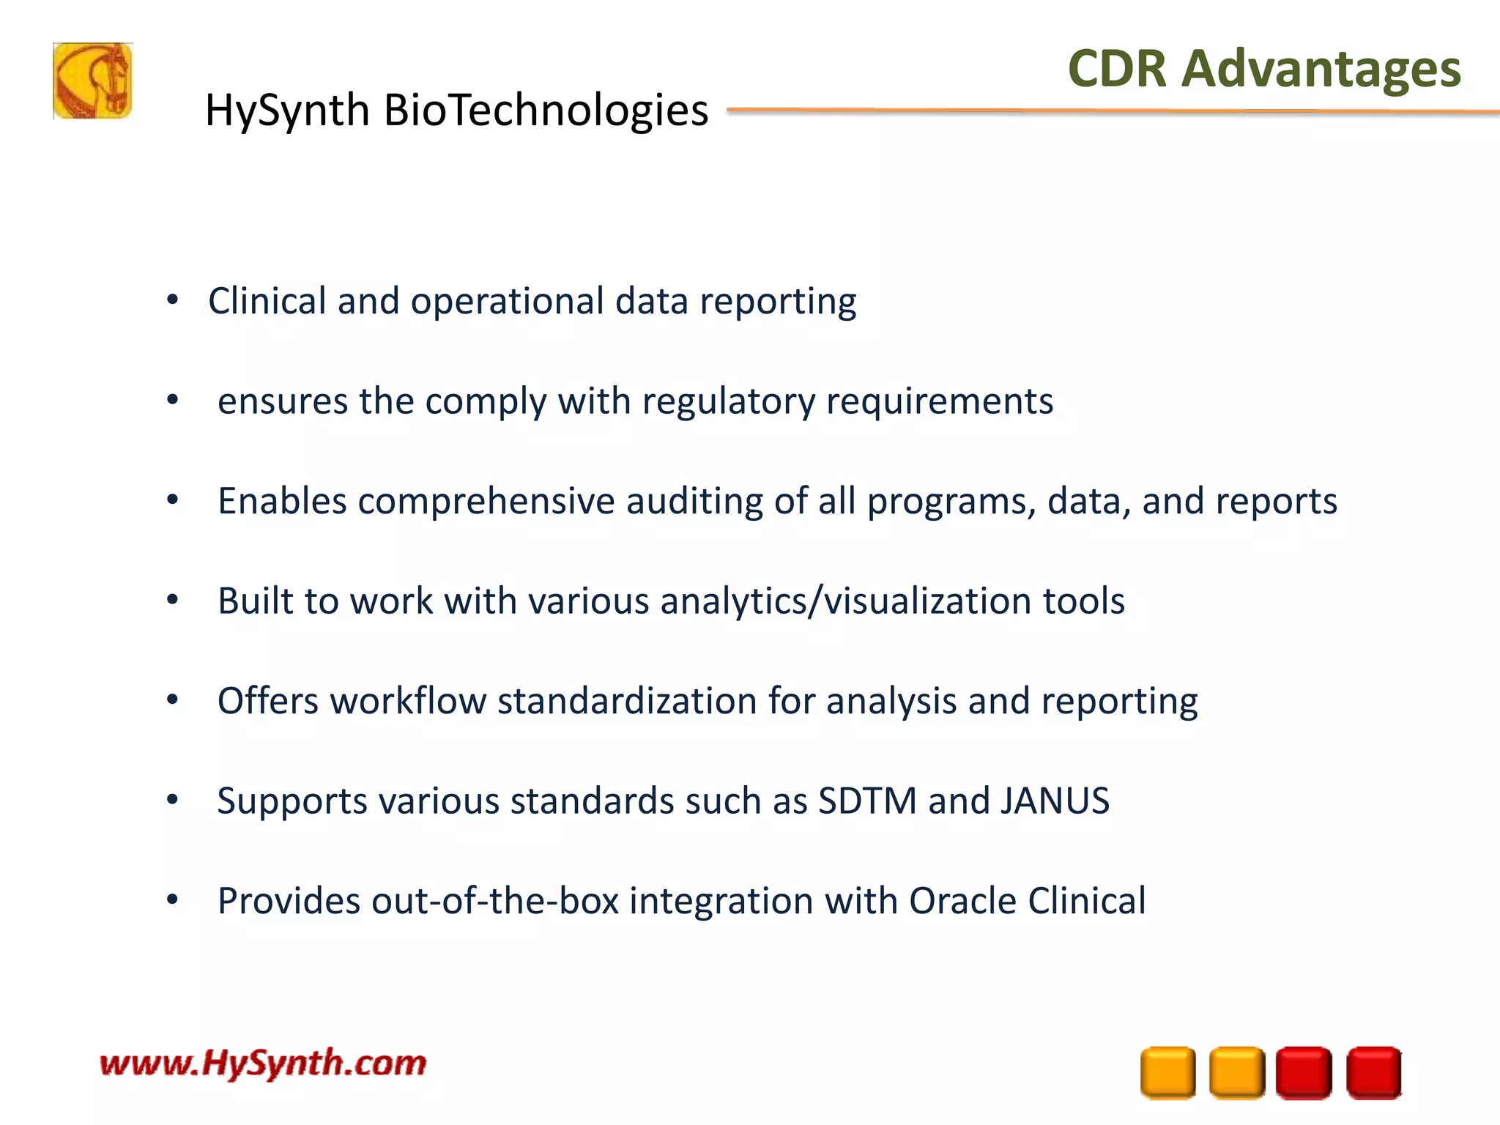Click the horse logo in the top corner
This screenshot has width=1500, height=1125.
coord(93,81)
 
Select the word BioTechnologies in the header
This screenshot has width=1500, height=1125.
coord(546,111)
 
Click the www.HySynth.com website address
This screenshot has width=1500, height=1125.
coord(263,1063)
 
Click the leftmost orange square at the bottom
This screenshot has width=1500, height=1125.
coord(1167,1073)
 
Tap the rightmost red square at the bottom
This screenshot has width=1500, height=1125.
coord(1374,1073)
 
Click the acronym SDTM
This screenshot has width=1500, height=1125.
coord(867,801)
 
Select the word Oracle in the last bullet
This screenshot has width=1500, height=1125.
coord(962,901)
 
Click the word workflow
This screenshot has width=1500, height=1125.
coord(408,701)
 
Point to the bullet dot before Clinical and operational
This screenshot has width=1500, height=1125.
coord(173,300)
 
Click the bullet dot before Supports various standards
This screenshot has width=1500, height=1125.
coord(173,799)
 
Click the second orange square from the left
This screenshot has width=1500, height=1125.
coord(1236,1073)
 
